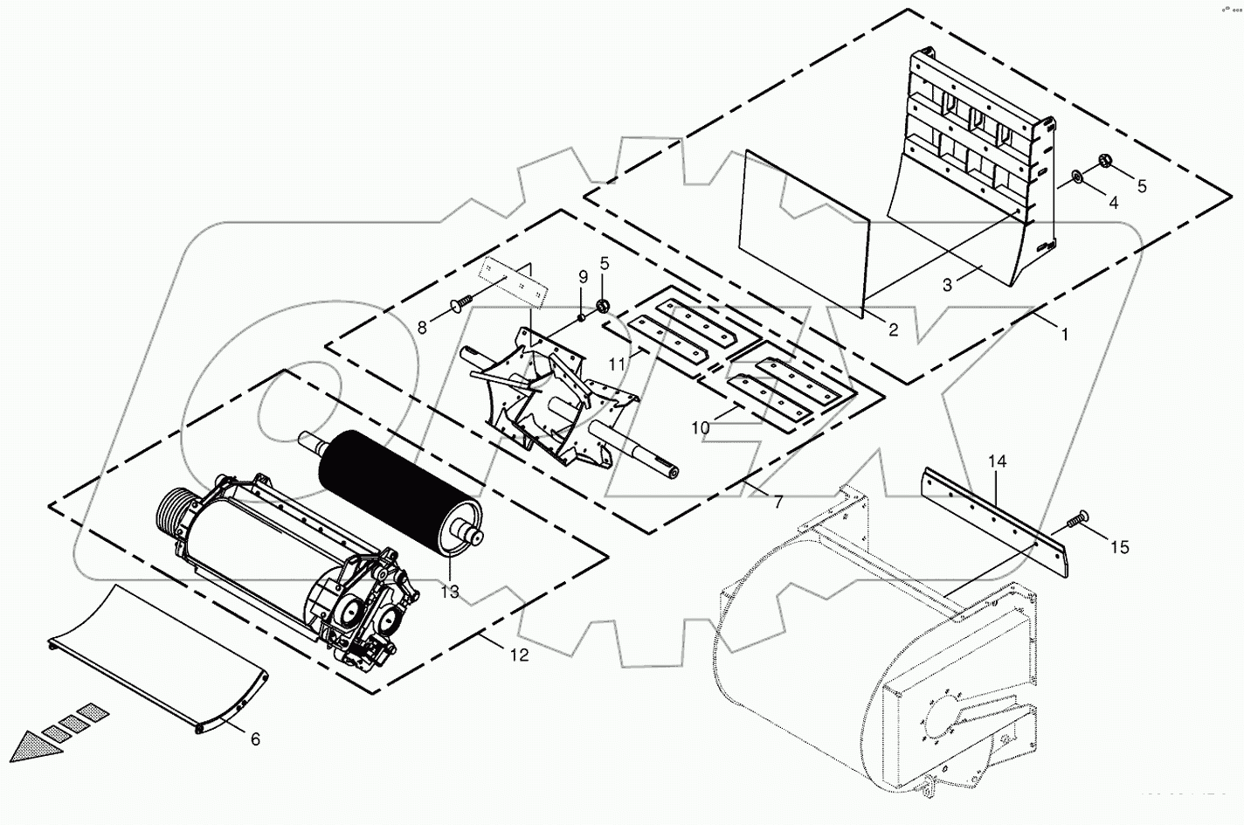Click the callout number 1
tap(1063, 333)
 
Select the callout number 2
tap(892, 329)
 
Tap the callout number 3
tap(946, 286)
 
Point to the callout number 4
tap(1112, 203)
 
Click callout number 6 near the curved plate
tap(255, 739)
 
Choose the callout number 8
tap(422, 327)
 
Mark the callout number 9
tap(583, 278)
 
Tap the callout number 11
tap(617, 364)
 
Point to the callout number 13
tap(449, 592)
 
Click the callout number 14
tap(998, 461)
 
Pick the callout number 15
tap(1119, 547)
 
